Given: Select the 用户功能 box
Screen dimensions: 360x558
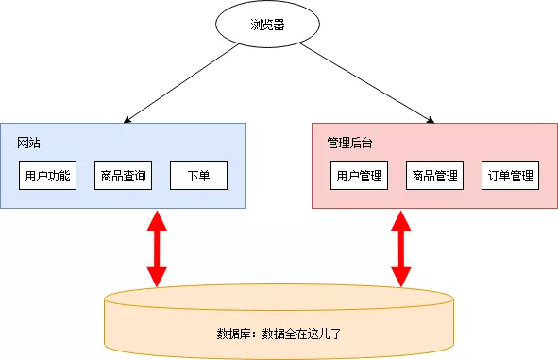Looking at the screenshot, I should (x=47, y=176).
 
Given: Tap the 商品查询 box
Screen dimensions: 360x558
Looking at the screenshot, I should (x=123, y=176).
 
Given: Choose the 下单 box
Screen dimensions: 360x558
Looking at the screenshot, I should (x=198, y=176).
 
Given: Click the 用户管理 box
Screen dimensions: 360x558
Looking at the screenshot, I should (x=359, y=176).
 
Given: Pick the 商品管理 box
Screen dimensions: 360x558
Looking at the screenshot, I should (x=434, y=176).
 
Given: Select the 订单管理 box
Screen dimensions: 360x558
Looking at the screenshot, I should (x=510, y=176).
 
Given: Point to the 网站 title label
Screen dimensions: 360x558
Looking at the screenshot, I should (x=29, y=143).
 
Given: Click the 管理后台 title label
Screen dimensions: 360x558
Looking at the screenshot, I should (x=349, y=143).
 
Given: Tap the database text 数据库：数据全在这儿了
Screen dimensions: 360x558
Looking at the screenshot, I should (x=279, y=334).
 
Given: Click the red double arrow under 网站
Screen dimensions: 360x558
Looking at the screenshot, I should (x=157, y=248).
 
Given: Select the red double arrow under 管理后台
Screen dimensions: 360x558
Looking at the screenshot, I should (x=401, y=248).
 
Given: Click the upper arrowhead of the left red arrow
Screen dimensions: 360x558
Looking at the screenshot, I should (x=157, y=219).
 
